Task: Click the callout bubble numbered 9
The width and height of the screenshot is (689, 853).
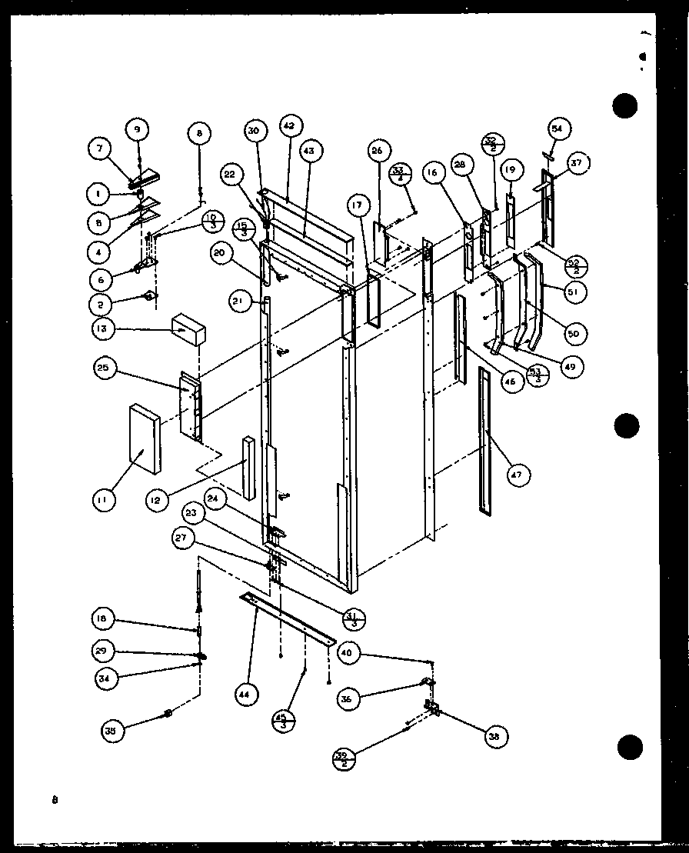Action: pos(138,129)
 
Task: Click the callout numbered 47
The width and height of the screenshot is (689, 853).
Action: pos(515,476)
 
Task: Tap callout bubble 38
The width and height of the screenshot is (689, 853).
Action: pos(491,736)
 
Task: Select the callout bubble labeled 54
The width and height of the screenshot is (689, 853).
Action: pos(557,129)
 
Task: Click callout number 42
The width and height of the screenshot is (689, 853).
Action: pos(288,125)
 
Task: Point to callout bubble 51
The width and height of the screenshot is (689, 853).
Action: pos(574,292)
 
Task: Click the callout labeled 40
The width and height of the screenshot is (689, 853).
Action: pos(348,654)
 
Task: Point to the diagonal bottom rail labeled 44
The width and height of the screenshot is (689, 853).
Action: pos(288,618)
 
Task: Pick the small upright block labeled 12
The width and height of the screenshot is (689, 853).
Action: pos(248,467)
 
